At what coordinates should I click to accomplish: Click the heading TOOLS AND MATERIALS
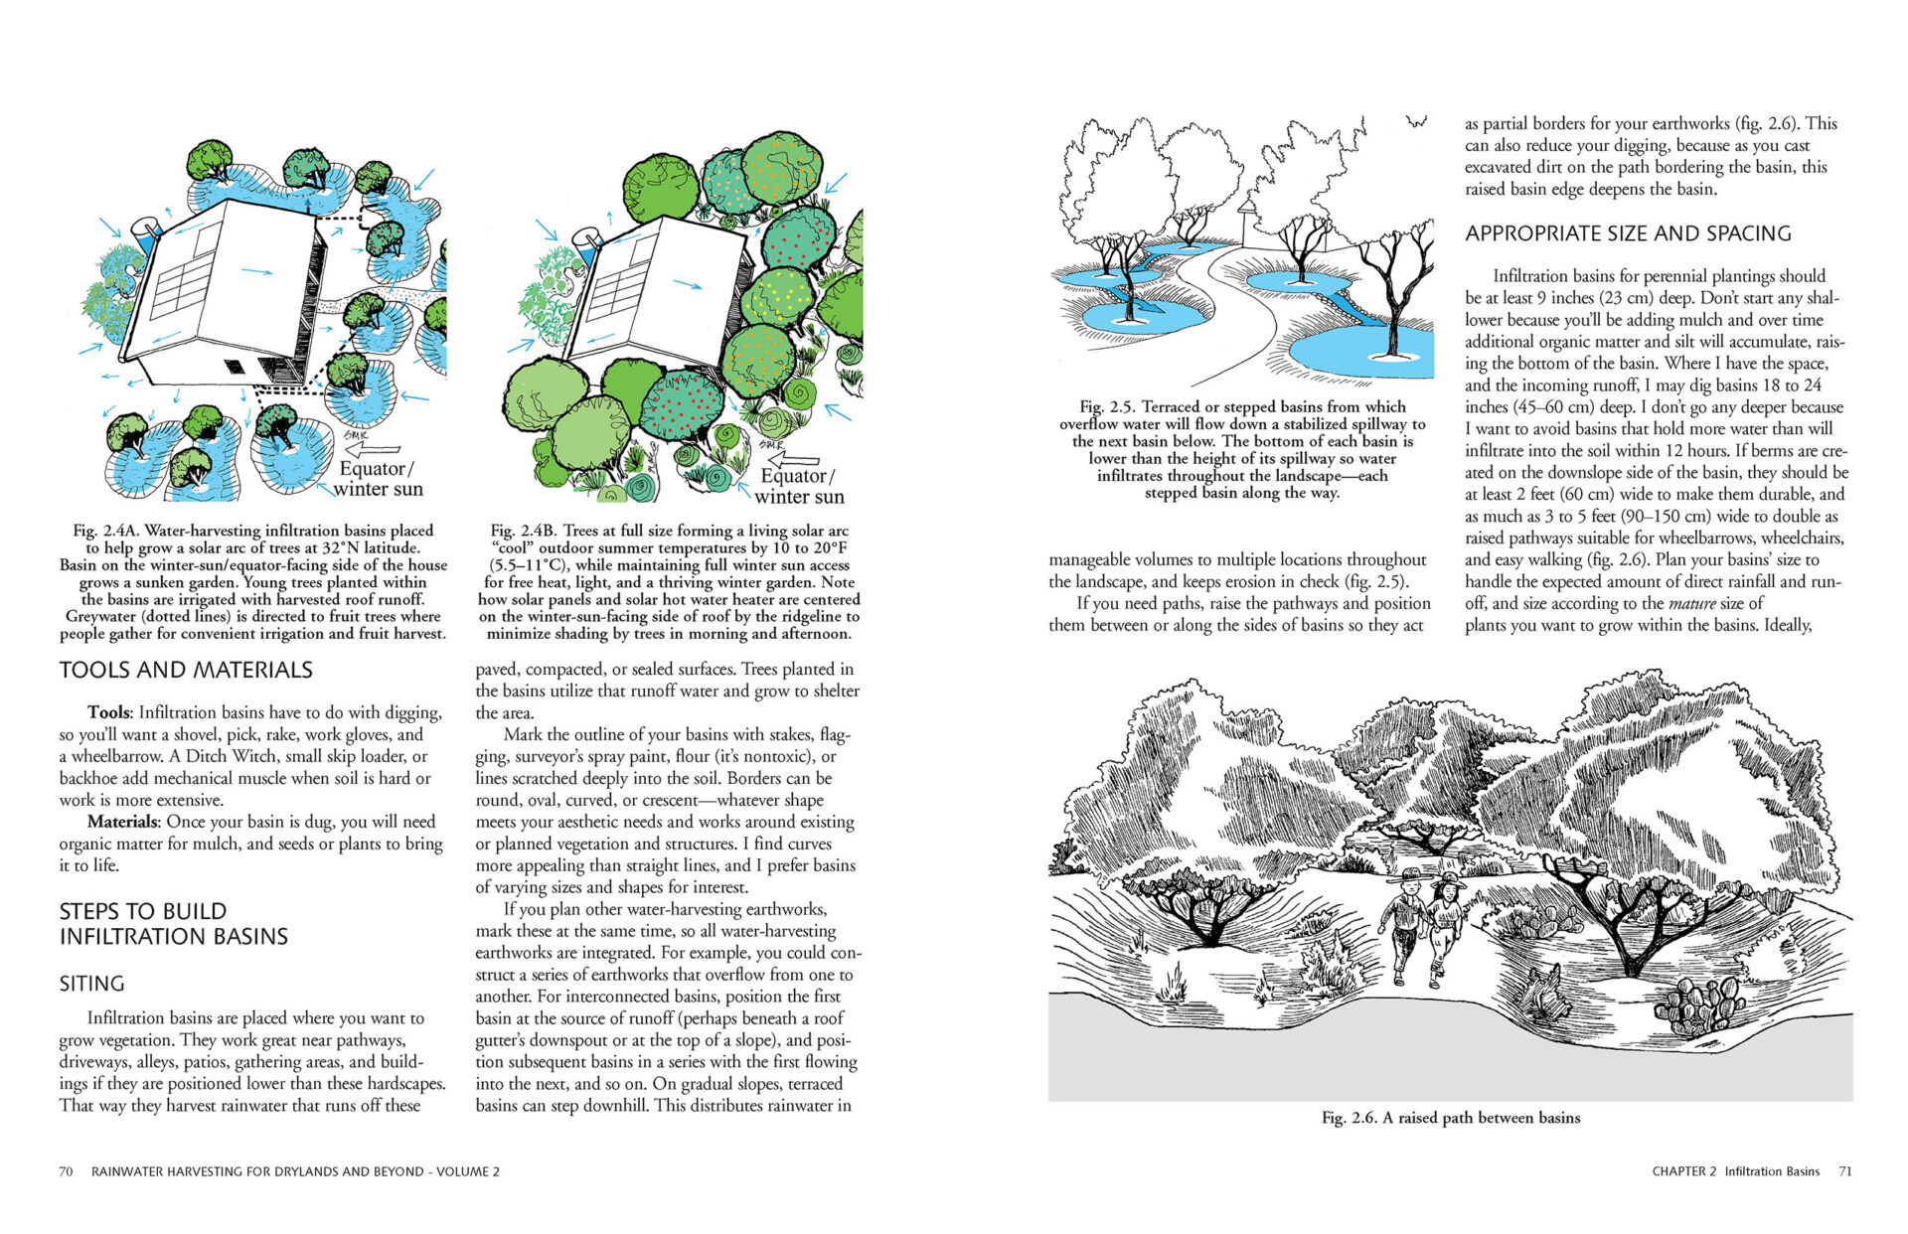[186, 671]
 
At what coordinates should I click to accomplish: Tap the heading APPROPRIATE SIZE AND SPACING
[1628, 233]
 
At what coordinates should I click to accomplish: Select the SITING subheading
[92, 984]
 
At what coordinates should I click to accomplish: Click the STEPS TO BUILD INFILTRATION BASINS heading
[173, 924]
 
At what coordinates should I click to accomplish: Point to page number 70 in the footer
[66, 1171]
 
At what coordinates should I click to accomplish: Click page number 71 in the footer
[1844, 1171]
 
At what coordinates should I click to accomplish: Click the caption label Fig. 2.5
[1106, 406]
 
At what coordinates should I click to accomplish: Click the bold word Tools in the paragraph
[109, 712]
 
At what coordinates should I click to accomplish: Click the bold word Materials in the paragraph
[123, 822]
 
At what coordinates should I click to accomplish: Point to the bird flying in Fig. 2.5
[1416, 122]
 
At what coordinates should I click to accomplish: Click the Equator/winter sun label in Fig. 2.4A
[378, 478]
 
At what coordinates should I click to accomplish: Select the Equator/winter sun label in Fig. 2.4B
[798, 486]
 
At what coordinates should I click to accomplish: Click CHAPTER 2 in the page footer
[1683, 1171]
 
